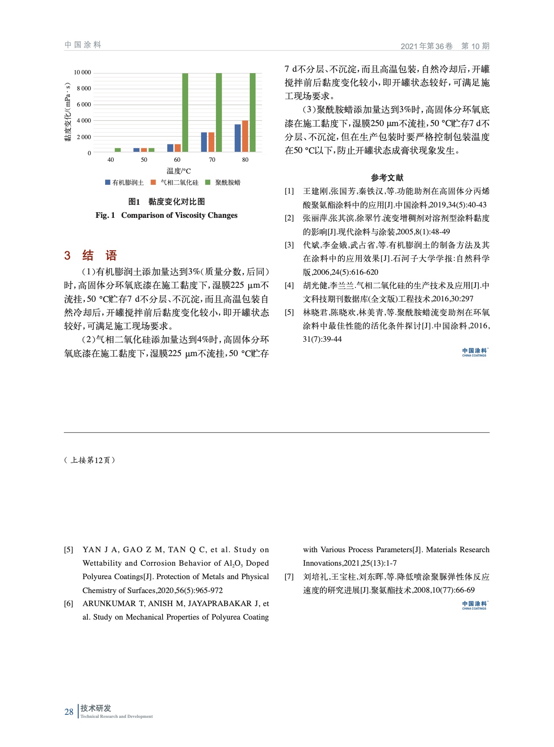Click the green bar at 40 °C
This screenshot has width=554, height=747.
pos(118,150)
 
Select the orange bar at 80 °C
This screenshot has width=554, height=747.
pos(245,136)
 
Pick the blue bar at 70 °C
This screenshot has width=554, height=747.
pos(204,142)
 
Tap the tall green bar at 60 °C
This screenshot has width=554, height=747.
pos(185,113)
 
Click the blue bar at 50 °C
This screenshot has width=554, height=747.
pos(136,150)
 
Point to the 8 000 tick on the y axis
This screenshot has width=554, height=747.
pos(84,89)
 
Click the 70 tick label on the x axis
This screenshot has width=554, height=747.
pos(212,160)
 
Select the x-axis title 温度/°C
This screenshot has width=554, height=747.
pos(178,171)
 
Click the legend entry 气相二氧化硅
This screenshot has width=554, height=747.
pos(179,183)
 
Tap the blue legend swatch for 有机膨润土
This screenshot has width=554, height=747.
pos(108,183)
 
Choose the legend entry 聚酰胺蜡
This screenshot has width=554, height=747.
pos(228,183)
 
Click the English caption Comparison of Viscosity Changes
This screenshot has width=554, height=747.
pos(179,215)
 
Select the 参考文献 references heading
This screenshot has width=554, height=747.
pos(387,177)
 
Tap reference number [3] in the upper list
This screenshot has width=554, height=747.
pos(289,245)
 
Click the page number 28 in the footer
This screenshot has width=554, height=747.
pos(69,712)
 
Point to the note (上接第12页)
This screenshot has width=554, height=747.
pos(90,460)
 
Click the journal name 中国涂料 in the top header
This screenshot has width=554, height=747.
pos(83,45)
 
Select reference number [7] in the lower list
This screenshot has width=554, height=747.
pos(289,577)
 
